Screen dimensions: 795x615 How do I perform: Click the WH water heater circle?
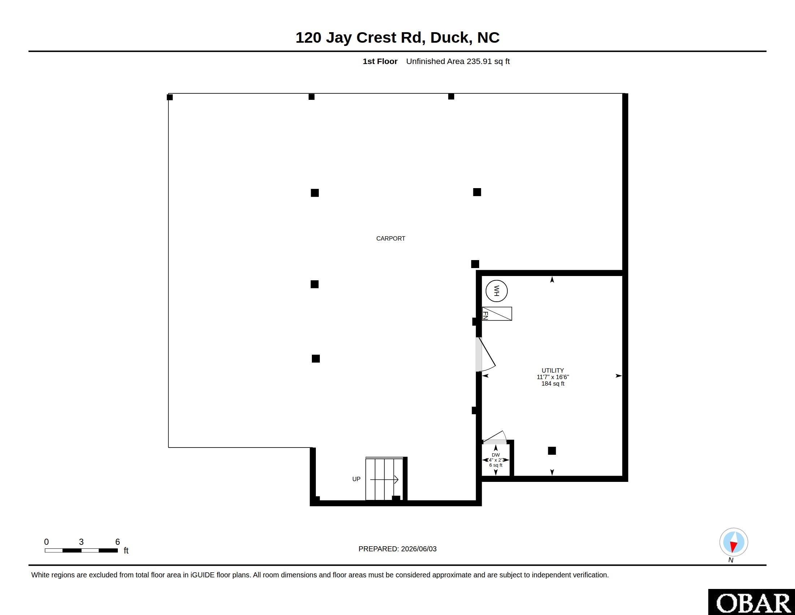point(497,291)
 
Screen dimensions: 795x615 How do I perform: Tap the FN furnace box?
point(497,314)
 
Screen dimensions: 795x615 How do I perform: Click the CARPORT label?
point(391,239)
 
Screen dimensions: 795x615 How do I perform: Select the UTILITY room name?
point(553,370)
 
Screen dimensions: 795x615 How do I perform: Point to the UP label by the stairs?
point(356,479)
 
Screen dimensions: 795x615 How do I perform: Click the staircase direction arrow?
point(384,479)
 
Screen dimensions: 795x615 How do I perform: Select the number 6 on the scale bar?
point(117,542)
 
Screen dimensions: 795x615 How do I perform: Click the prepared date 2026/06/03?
point(418,549)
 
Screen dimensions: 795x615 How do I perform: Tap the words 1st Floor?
point(380,61)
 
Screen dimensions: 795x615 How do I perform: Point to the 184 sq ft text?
point(553,383)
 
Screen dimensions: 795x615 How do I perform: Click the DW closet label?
point(496,455)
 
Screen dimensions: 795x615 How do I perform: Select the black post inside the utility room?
point(552,451)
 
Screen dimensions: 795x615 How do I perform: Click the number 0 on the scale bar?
point(47,542)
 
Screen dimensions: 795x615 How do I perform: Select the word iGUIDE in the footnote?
point(202,575)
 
